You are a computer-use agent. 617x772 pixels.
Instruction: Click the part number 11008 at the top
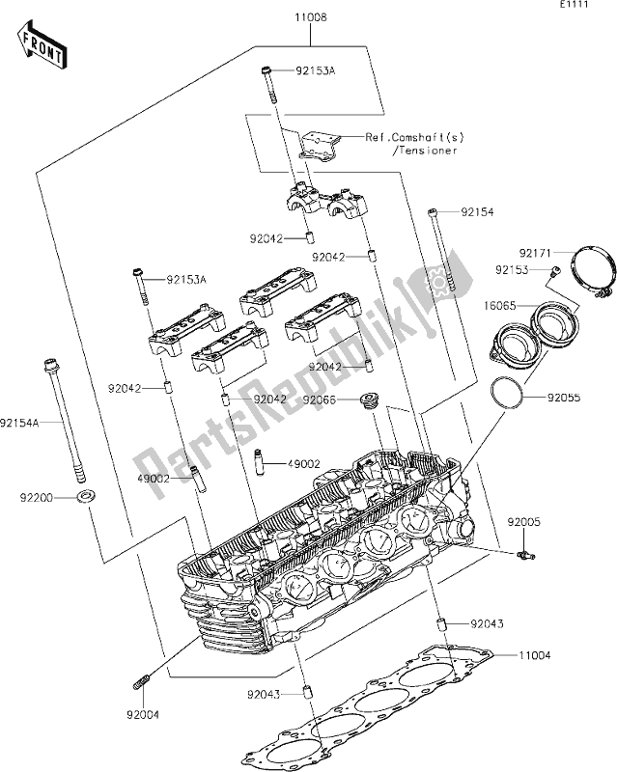(x=311, y=17)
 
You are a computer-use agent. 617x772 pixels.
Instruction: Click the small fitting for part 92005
(x=524, y=554)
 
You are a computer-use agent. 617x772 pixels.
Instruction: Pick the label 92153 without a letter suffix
(x=514, y=270)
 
